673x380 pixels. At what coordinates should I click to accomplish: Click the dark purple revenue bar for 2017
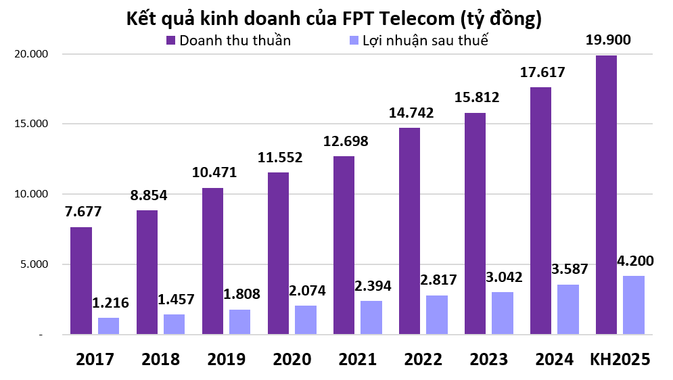[x=81, y=281]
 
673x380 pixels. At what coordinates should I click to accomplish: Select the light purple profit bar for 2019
[x=239, y=322]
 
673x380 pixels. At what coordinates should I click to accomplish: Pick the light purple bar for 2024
[x=567, y=309]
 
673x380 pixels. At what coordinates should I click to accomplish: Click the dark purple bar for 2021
[x=344, y=245]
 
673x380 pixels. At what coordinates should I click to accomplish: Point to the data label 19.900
[x=608, y=40]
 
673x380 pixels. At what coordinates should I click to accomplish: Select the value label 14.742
[x=411, y=112]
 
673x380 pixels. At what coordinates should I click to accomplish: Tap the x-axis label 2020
[x=292, y=359]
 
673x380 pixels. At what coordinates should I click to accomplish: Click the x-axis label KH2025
[x=620, y=359]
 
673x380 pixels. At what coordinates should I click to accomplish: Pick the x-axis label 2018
[x=160, y=359]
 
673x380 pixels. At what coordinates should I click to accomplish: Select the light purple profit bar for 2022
[x=436, y=314]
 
